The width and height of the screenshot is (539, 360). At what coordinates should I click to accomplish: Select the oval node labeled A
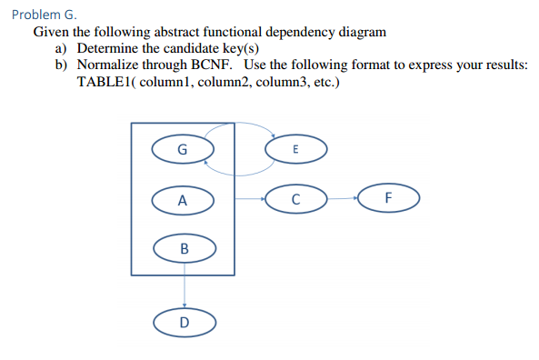[x=183, y=199]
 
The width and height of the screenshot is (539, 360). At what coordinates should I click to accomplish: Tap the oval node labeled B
[x=185, y=247]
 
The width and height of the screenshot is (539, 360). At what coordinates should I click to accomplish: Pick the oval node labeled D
[x=185, y=321]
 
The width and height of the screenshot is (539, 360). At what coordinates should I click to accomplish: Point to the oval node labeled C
[x=295, y=198]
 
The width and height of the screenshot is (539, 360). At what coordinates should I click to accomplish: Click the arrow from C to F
[x=342, y=198]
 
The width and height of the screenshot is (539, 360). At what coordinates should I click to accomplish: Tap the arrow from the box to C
[x=250, y=198]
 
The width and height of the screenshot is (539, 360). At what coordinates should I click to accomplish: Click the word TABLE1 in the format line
[x=105, y=83]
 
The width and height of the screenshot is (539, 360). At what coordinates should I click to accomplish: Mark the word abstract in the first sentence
[x=162, y=31]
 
